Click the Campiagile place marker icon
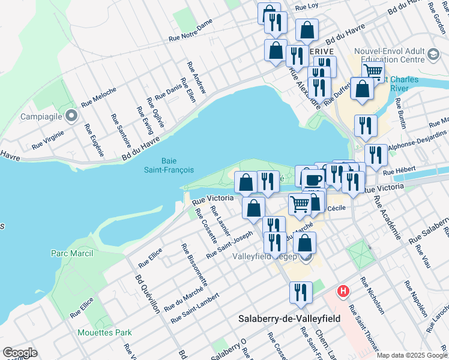pos(71,115)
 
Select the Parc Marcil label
pos(71,253)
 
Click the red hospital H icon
pos(343,292)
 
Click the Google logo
pos(20,353)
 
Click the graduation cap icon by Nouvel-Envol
pos(432,56)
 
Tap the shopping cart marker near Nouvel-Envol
pos(373,72)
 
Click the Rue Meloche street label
pos(98,96)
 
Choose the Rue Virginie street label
pos(46,141)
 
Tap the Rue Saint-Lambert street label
pos(194,308)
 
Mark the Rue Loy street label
pos(306,6)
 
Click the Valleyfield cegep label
pos(264,256)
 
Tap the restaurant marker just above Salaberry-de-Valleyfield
pos(300,292)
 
